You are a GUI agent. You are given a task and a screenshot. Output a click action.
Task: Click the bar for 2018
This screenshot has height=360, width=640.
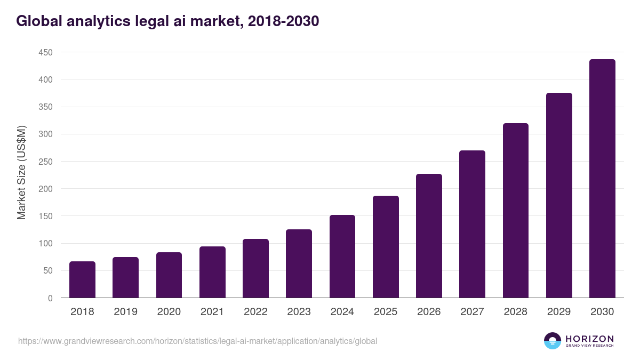(82, 279)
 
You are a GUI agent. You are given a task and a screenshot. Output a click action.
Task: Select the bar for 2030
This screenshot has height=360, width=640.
(602, 179)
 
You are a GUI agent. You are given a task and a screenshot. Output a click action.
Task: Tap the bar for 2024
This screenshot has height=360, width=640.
(342, 257)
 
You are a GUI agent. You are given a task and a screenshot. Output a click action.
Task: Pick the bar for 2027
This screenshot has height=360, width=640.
(472, 224)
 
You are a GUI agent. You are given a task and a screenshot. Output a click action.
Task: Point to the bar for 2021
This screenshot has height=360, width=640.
(212, 272)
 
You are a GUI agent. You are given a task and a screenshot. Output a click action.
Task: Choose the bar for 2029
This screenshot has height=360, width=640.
(559, 195)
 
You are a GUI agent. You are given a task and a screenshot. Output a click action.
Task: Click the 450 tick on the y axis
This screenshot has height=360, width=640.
(45, 52)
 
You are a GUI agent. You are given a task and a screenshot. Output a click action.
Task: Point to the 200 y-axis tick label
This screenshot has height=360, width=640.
(45, 189)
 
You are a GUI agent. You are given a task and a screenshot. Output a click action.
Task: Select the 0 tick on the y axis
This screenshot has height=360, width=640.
(50, 298)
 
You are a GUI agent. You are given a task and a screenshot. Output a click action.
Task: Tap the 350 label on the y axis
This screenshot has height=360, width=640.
(45, 107)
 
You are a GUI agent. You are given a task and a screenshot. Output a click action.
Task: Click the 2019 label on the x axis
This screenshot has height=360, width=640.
(125, 312)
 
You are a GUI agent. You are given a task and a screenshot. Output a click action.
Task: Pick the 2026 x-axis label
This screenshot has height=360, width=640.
(429, 312)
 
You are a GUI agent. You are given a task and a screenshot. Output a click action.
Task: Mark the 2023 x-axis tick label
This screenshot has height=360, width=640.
(299, 312)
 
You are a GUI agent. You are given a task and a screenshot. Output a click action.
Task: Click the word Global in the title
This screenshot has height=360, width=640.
(37, 21)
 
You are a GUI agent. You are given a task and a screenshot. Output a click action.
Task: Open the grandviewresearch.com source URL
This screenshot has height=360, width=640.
(197, 341)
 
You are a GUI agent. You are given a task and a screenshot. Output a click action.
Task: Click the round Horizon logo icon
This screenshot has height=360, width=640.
(553, 341)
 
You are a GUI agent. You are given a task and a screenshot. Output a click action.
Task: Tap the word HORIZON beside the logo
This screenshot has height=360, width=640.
(589, 338)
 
